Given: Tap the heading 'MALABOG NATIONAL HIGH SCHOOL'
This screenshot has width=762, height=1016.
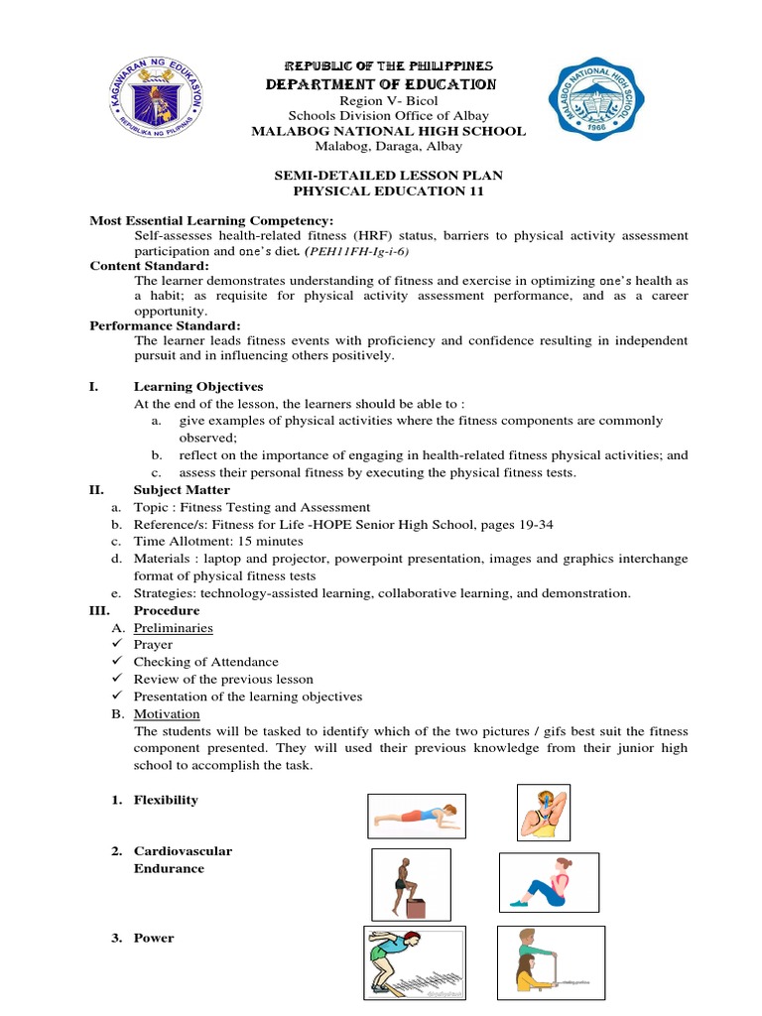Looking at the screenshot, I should pos(388,131).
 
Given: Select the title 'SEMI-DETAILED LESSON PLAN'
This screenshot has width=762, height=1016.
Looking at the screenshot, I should pos(388,175).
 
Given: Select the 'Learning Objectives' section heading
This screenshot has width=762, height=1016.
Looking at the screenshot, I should pos(198,386).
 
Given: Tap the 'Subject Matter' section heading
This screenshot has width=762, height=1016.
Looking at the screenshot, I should pos(182,489).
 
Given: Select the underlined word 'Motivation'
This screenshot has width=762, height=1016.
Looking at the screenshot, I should pos(167,713).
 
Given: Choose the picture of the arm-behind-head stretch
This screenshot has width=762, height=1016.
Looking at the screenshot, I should pos(543,812).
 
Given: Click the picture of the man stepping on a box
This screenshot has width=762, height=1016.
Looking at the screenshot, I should pos(410,884).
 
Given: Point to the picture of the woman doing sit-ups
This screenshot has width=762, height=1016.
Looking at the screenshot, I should pos(548,882).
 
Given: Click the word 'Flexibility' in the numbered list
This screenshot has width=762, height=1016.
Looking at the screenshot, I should pos(166,800).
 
